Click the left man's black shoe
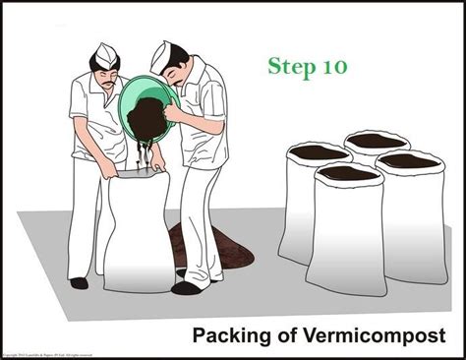(79, 283)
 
